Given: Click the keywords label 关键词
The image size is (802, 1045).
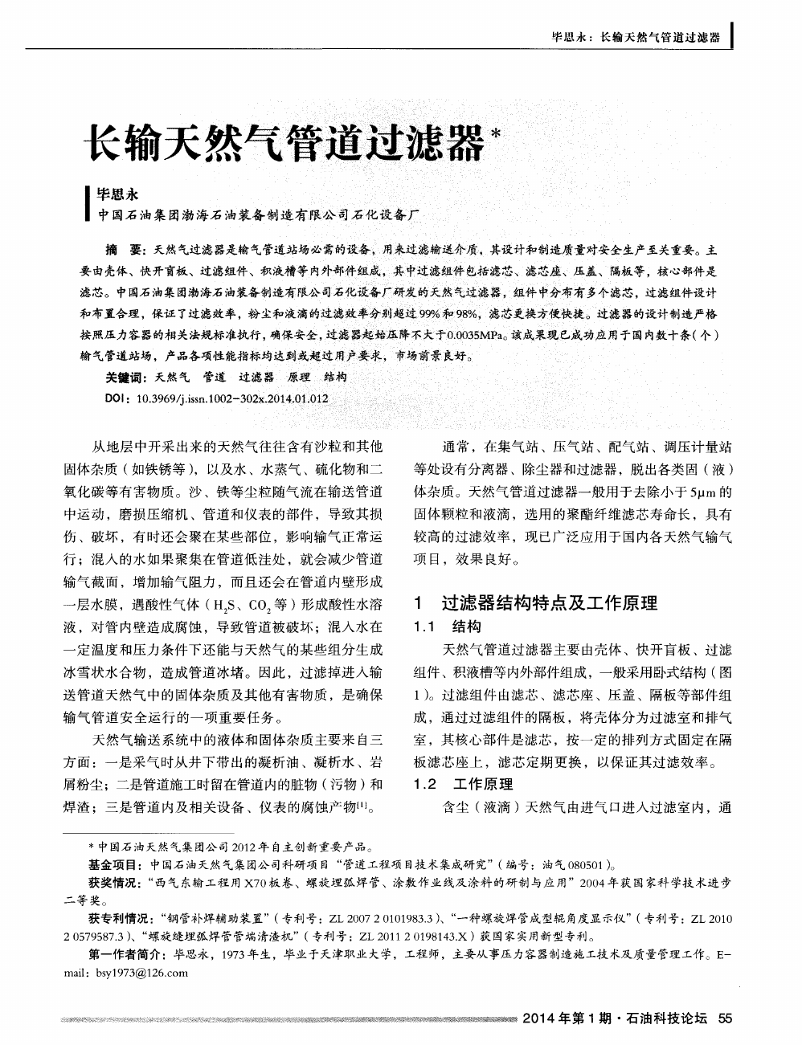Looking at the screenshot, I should pos(125,376).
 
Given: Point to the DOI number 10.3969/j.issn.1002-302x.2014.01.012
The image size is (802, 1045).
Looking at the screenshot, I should pos(233,397).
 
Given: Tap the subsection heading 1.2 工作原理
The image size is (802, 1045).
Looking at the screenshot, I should pos(462,784).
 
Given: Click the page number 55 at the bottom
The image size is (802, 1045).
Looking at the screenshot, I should pos(725,1018).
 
